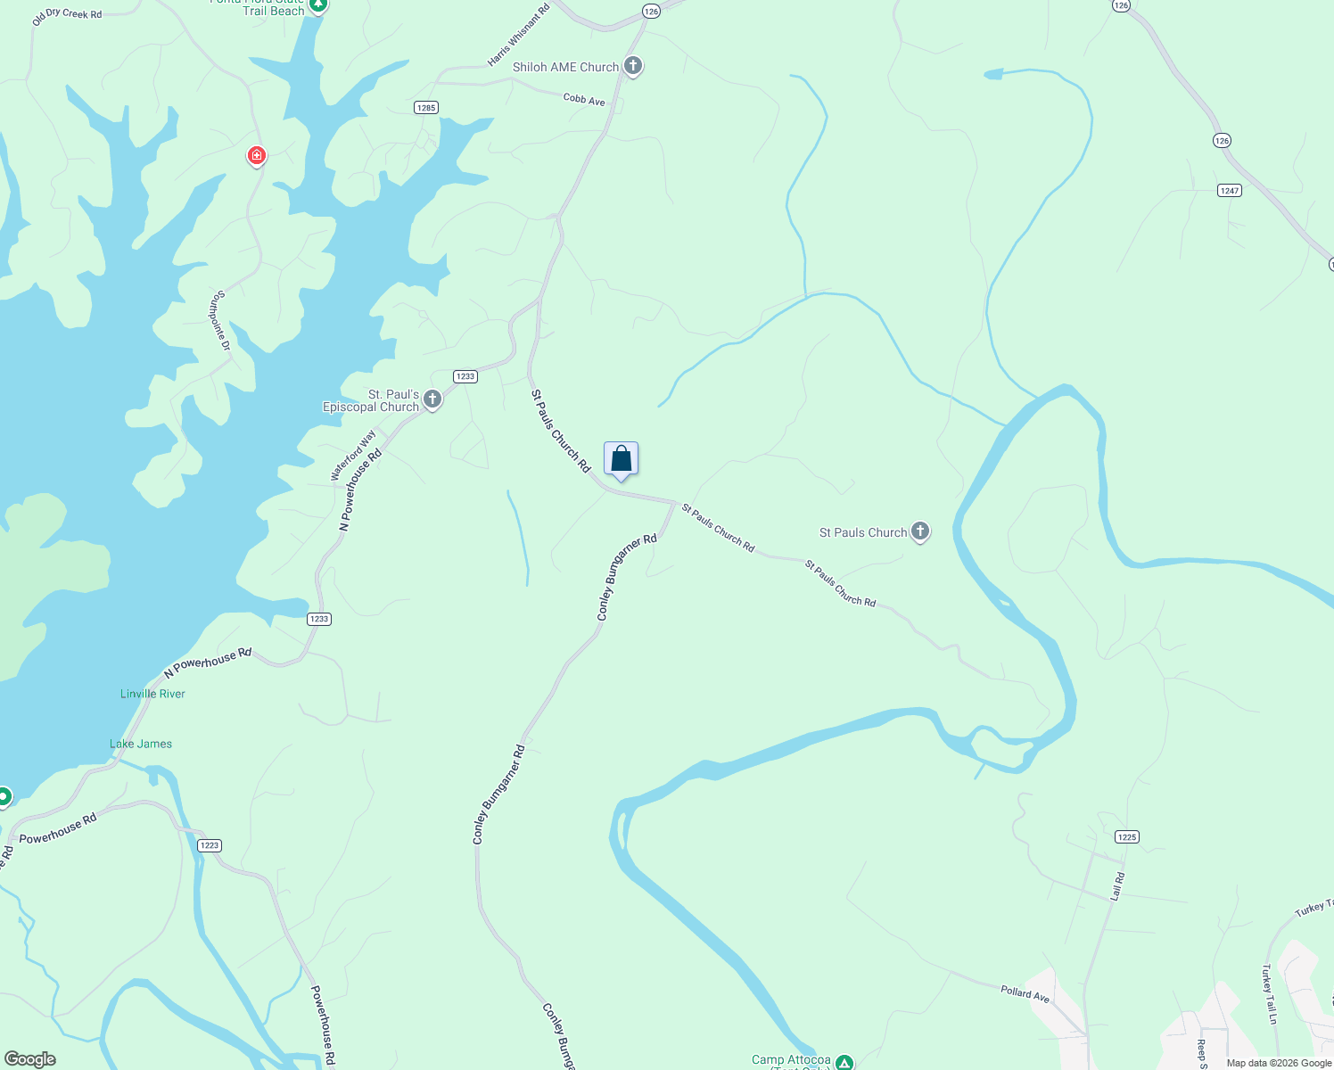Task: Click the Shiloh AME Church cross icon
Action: (633, 65)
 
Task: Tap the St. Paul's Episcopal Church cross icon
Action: (432, 399)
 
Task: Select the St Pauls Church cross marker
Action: (920, 531)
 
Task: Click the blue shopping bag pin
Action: (622, 459)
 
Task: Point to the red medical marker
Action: (257, 156)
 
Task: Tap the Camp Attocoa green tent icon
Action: (844, 1062)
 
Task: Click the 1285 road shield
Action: (426, 108)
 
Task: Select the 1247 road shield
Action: (1230, 190)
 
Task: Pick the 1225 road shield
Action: (1127, 836)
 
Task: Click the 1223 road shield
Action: (210, 845)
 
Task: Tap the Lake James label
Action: (141, 744)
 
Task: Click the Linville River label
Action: (152, 694)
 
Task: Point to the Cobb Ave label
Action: (584, 100)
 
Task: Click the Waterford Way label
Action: (353, 456)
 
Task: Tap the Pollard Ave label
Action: (1025, 992)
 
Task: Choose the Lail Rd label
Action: (1117, 886)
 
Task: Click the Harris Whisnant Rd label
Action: (518, 36)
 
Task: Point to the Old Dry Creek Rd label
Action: (67, 15)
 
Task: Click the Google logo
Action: (30, 1059)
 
